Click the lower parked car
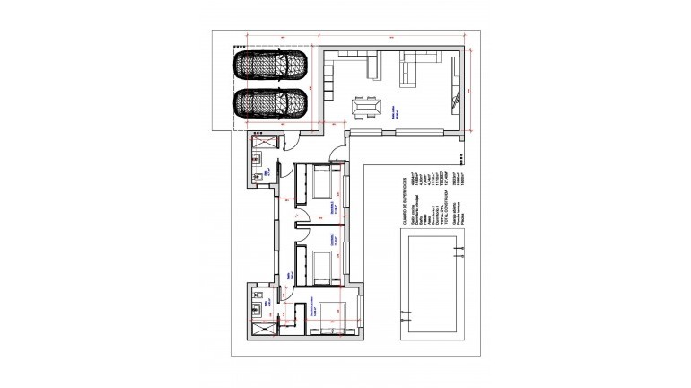click(x=269, y=103)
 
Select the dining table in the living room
click(x=365, y=108)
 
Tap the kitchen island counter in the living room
click(x=372, y=67)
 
